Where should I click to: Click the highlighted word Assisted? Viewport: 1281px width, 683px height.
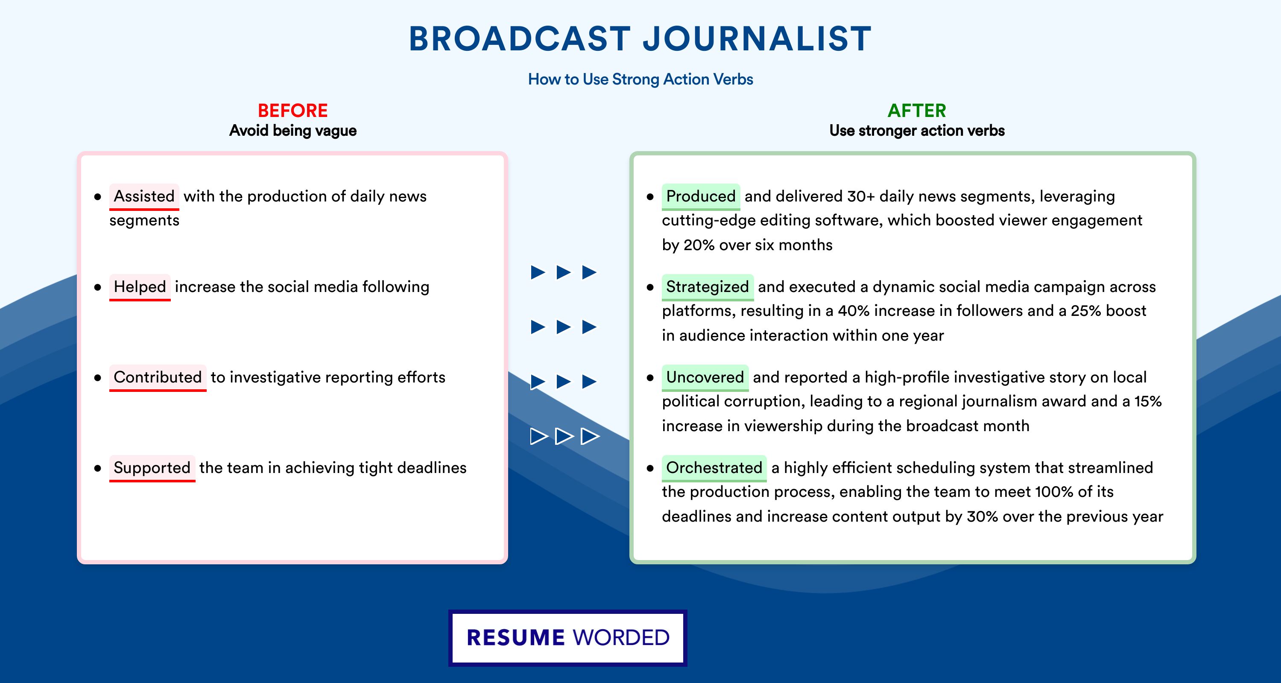point(144,196)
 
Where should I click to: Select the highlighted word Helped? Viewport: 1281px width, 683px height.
point(140,287)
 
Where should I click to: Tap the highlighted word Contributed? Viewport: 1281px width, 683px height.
point(158,377)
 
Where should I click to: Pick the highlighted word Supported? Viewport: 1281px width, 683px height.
point(152,468)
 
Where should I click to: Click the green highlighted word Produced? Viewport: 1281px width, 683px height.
point(701,196)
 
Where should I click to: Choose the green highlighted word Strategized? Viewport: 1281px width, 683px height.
point(708,287)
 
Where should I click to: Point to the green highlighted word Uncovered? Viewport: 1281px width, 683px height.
point(705,377)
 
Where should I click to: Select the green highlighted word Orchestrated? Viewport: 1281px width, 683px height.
point(714,468)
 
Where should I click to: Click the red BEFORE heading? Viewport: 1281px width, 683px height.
point(293,111)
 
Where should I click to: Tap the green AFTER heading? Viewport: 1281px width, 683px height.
point(917,111)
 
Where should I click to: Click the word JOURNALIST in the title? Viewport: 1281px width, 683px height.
point(757,39)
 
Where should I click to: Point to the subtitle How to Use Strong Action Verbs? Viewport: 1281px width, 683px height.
point(640,79)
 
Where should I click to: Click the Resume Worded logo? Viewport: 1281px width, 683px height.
point(568,638)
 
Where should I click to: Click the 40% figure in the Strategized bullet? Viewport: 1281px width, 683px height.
point(853,311)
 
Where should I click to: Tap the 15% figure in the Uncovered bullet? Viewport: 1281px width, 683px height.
point(1148,401)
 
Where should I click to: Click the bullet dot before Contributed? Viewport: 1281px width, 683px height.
point(97,378)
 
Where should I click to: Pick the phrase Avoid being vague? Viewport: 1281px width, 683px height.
point(293,131)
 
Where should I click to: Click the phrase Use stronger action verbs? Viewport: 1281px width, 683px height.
point(917,131)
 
